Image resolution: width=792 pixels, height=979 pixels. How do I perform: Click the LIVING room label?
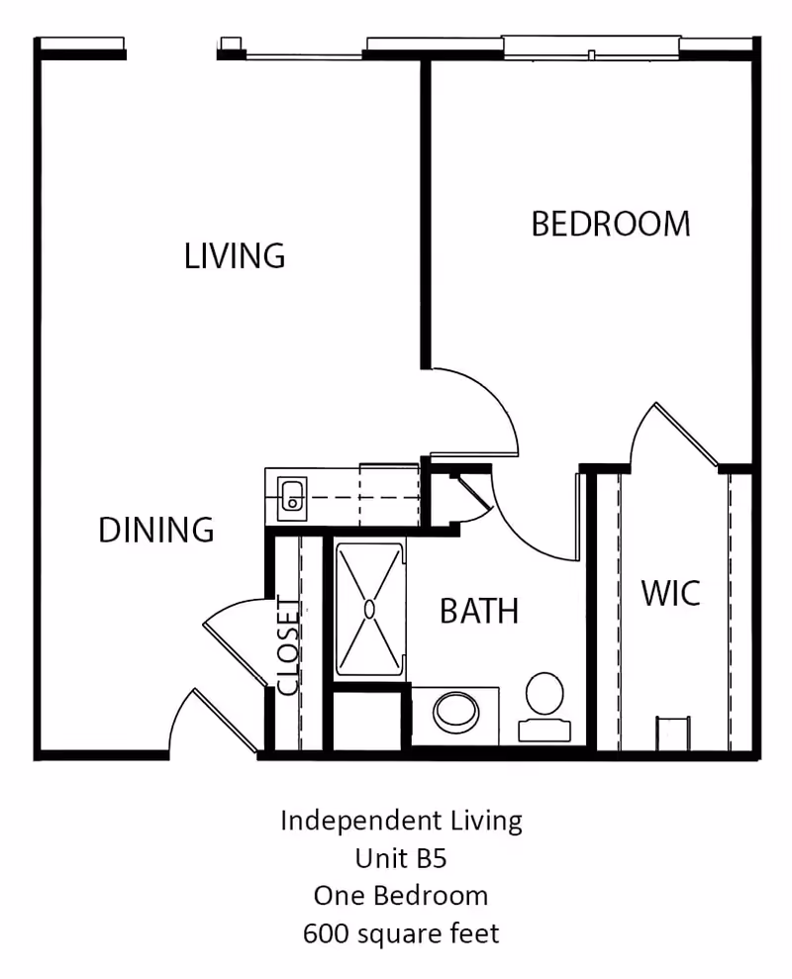click(x=235, y=255)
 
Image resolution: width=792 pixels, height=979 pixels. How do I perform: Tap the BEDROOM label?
click(x=610, y=224)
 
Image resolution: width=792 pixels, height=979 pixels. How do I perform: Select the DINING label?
click(x=156, y=530)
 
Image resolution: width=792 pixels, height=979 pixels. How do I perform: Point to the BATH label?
click(x=479, y=611)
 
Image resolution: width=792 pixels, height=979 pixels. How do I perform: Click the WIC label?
click(x=670, y=594)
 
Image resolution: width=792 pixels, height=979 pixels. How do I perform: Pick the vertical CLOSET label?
click(x=287, y=645)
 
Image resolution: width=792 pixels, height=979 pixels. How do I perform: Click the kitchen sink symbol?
click(x=292, y=497)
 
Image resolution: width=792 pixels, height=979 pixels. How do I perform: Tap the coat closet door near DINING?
click(x=234, y=638)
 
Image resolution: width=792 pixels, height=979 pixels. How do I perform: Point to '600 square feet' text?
click(x=400, y=932)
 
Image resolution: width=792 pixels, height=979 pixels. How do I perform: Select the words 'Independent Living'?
click(x=400, y=820)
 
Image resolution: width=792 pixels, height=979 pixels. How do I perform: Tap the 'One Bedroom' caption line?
click(x=400, y=895)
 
